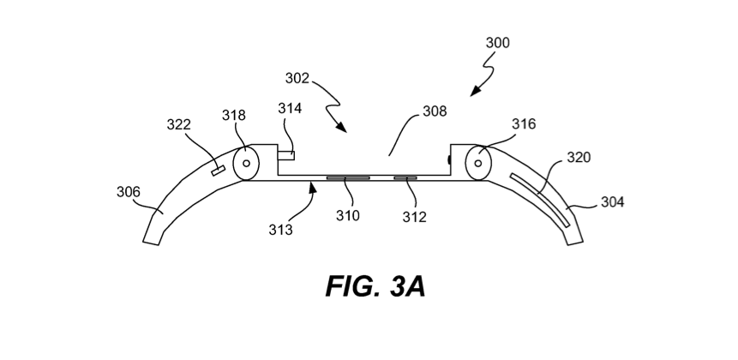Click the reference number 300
(497, 43)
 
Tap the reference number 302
(297, 78)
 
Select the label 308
(435, 111)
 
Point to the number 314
(290, 108)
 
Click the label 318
(234, 116)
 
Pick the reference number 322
(179, 124)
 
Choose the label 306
(129, 192)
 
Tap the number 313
(280, 230)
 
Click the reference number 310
(348, 215)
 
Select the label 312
(414, 217)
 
